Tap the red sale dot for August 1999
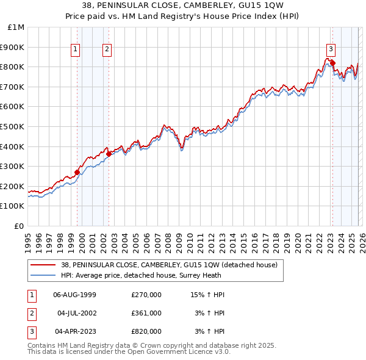click(x=77, y=172)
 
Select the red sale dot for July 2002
click(x=109, y=154)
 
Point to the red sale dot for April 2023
click(x=332, y=62)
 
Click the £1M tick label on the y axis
click(x=16, y=27)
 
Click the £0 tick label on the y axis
click(x=19, y=226)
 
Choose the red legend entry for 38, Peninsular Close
click(x=169, y=265)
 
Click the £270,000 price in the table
click(x=146, y=295)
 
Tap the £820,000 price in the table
click(x=146, y=331)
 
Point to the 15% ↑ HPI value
click(x=208, y=295)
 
